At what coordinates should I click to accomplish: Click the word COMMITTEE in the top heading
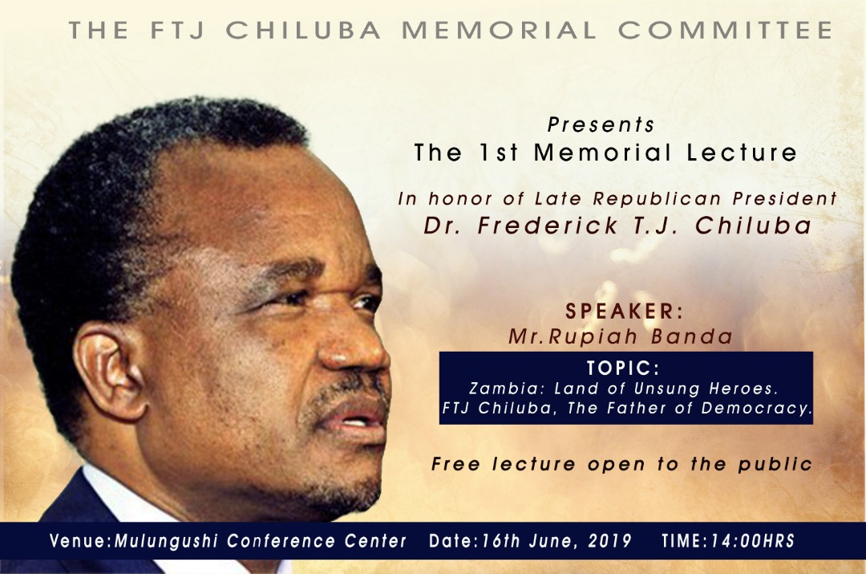point(725,31)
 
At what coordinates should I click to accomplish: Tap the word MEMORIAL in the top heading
point(499,31)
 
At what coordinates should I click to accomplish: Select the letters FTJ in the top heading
point(177,31)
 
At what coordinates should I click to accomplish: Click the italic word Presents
point(601,125)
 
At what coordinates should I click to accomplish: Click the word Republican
point(658,198)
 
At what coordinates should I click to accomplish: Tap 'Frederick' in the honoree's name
point(547,226)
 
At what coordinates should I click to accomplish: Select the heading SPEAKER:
point(624,311)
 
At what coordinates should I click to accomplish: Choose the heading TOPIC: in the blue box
point(623,368)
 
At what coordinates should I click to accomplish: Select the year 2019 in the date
point(609,541)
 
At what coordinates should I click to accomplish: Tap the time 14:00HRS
point(752,541)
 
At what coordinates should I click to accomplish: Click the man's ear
point(111,371)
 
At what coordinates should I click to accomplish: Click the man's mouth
point(354,415)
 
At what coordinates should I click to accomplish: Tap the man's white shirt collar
point(127,498)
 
